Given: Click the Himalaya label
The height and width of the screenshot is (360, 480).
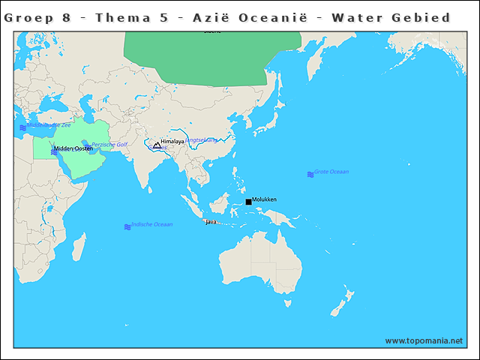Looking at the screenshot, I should (x=172, y=141).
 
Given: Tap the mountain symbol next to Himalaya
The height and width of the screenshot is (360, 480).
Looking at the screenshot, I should (x=157, y=145).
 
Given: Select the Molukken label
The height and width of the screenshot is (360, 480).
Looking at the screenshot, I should (x=265, y=199).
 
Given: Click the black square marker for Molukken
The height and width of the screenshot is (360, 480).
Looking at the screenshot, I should (x=248, y=202).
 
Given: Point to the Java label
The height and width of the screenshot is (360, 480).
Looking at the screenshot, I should (x=211, y=222).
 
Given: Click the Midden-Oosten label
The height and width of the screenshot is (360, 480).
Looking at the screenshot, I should (x=73, y=148).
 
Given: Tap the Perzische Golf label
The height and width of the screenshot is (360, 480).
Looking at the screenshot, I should (x=109, y=144).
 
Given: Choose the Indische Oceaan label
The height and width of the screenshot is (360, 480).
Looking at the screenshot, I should (x=151, y=224).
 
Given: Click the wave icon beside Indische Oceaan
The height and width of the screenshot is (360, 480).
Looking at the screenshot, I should (x=127, y=226).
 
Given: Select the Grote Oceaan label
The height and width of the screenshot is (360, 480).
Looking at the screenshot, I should (x=331, y=172).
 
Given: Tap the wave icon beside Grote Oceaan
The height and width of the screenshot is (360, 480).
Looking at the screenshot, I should (x=310, y=174).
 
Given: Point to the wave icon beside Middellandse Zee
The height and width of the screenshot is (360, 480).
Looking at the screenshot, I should (x=23, y=128).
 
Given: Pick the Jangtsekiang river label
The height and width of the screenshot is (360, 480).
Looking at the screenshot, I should (x=202, y=139).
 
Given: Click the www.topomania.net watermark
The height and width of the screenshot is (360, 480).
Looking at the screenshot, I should (x=424, y=340).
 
